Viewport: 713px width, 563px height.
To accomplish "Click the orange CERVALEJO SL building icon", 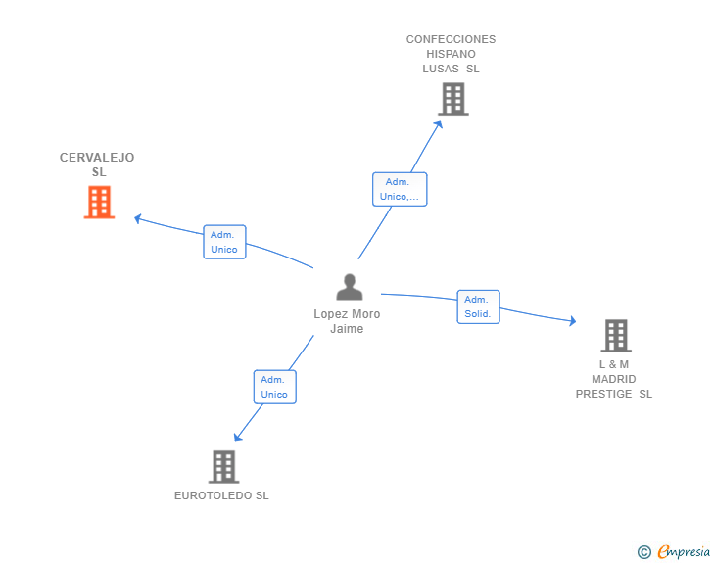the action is pyautogui.click(x=99, y=203).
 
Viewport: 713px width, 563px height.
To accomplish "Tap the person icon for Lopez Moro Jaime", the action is pyautogui.click(x=349, y=287).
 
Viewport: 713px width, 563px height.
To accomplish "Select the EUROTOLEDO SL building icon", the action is pyautogui.click(x=223, y=467).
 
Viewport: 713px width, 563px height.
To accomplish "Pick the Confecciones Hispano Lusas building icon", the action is pyautogui.click(x=452, y=99).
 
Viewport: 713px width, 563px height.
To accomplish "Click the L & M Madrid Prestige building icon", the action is pyautogui.click(x=615, y=336).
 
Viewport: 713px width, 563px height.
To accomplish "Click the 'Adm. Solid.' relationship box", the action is pyautogui.click(x=478, y=306).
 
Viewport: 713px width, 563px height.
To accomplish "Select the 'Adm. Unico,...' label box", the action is pyautogui.click(x=399, y=189).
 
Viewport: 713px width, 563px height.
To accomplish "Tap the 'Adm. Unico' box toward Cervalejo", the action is pyautogui.click(x=224, y=242).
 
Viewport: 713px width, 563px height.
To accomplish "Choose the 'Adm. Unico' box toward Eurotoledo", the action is pyautogui.click(x=274, y=387).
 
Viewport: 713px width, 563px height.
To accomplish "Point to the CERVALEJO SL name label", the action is pyautogui.click(x=97, y=164).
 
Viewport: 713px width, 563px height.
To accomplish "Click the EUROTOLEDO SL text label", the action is pyautogui.click(x=221, y=495).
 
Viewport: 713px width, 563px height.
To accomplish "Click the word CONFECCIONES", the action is pyautogui.click(x=452, y=40).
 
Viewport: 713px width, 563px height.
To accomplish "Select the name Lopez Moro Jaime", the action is pyautogui.click(x=347, y=321).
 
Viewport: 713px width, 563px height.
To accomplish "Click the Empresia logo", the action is pyautogui.click(x=683, y=552).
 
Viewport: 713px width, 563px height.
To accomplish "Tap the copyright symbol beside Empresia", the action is pyautogui.click(x=643, y=552).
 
